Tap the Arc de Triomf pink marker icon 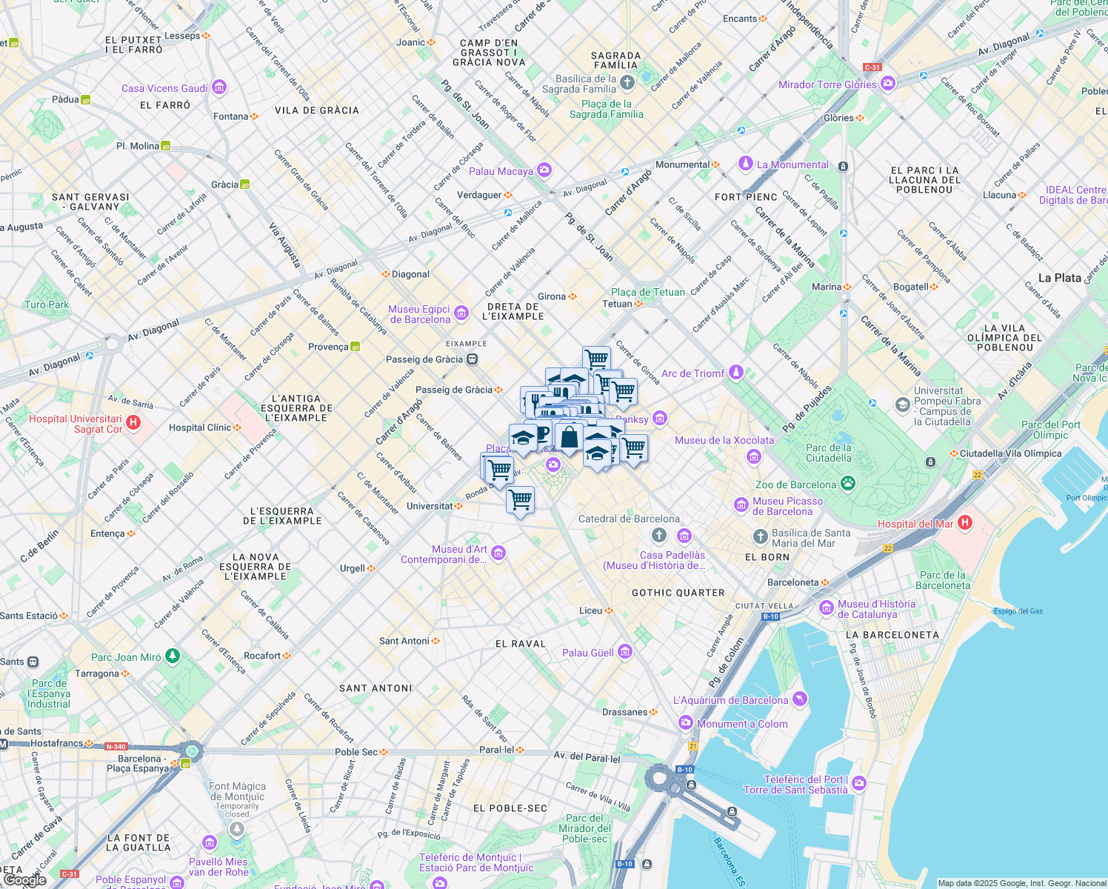pyautogui.click(x=735, y=372)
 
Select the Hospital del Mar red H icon pyautogui.click(x=964, y=523)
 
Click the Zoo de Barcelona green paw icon pyautogui.click(x=847, y=484)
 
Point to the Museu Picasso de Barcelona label pyautogui.click(x=787, y=506)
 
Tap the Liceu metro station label pyautogui.click(x=591, y=610)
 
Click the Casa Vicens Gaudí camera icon pyautogui.click(x=218, y=87)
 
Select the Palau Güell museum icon pyautogui.click(x=625, y=652)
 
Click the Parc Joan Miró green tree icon pyautogui.click(x=172, y=656)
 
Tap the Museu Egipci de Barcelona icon pyautogui.click(x=461, y=313)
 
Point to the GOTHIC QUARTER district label pyautogui.click(x=678, y=593)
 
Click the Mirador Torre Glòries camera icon pyautogui.click(x=888, y=83)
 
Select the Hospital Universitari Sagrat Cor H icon pyautogui.click(x=133, y=423)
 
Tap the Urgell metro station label pyautogui.click(x=353, y=568)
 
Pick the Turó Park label pyautogui.click(x=47, y=304)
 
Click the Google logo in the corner pyautogui.click(x=24, y=879)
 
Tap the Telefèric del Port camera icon pyautogui.click(x=859, y=782)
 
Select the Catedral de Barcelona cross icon pyautogui.click(x=658, y=535)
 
